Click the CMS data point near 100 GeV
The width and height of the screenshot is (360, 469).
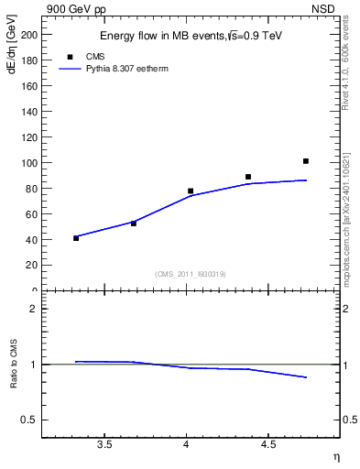tap(306, 161)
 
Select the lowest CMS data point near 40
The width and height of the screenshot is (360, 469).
tap(76, 238)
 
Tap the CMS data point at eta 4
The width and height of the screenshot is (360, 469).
tap(191, 191)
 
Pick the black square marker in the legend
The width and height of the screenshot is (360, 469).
tap(70, 57)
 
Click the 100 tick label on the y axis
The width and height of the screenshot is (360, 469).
tap(29, 163)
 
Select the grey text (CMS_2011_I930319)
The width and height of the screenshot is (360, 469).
tap(189, 273)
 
